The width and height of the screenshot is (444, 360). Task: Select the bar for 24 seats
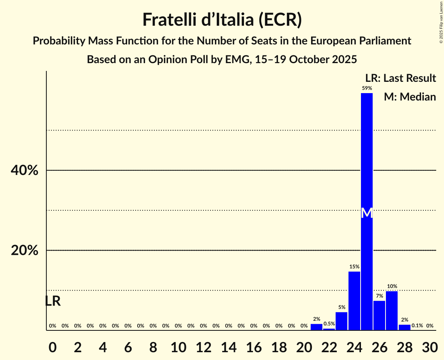[x=354, y=300]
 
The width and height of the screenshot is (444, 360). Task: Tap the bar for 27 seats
[x=391, y=311]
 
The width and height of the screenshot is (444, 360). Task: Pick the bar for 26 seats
[x=379, y=315]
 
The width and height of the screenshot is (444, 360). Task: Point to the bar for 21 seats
[x=316, y=327]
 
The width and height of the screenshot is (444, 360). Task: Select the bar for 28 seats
[x=404, y=327]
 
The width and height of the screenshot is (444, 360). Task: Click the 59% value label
[x=366, y=88]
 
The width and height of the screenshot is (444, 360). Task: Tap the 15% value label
[x=354, y=267]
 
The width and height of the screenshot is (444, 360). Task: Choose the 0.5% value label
[x=329, y=324]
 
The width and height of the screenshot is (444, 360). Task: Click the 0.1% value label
[x=417, y=326]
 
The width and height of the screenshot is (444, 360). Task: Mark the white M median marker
[x=366, y=213]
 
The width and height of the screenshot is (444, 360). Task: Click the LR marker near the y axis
[x=53, y=301]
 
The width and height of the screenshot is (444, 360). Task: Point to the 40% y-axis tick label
[x=25, y=171]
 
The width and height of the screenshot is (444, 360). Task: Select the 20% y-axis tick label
[x=25, y=251]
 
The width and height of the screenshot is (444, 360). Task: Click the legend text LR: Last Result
[x=400, y=78]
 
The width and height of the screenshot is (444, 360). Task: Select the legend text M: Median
[x=409, y=97]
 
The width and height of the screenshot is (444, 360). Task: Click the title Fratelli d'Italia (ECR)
[x=222, y=19]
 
